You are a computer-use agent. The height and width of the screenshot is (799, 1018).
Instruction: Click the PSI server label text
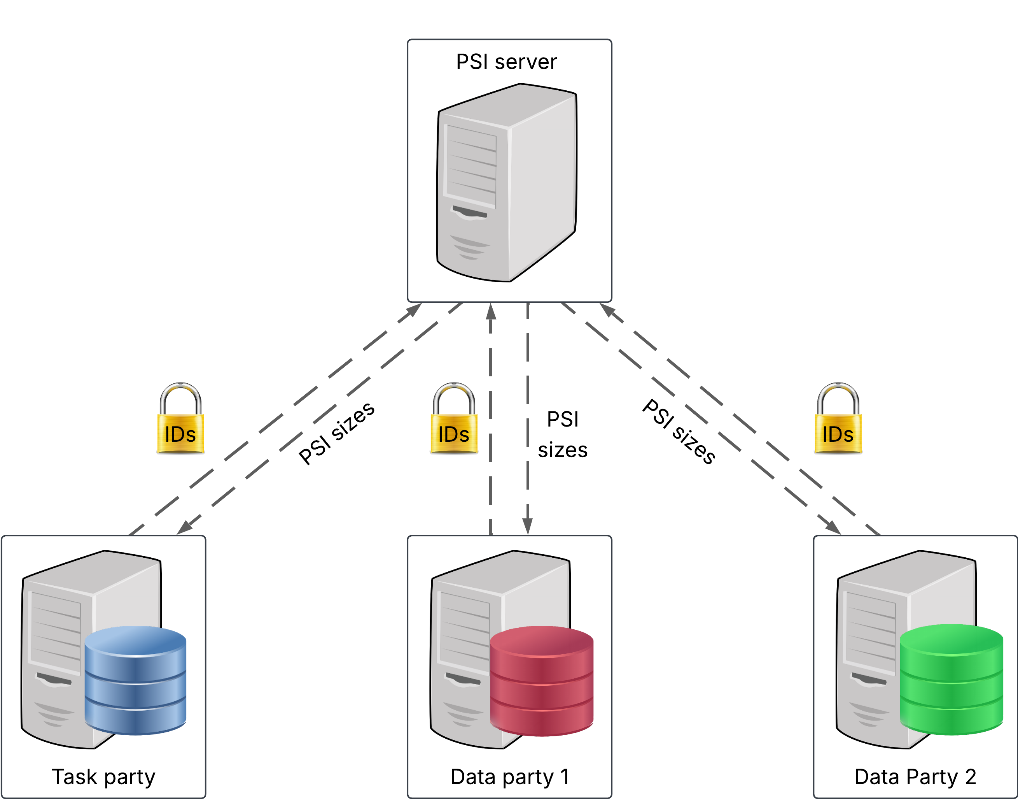coord(506,62)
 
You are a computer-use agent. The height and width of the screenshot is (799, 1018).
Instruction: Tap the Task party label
coord(103,777)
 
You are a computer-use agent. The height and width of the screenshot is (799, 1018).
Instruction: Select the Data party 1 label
coord(509,777)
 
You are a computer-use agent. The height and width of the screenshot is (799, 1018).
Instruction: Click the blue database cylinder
coord(136,681)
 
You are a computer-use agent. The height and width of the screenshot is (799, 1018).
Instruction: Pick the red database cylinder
coord(542,681)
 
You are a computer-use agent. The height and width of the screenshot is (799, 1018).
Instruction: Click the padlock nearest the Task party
coord(180,419)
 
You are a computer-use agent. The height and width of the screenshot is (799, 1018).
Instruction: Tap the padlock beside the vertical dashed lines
coord(454,419)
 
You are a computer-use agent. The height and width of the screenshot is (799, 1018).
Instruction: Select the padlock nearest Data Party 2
coord(838,419)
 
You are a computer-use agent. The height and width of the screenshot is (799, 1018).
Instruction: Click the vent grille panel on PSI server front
coord(471,166)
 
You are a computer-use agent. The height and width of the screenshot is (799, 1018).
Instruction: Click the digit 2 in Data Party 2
coord(970,777)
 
